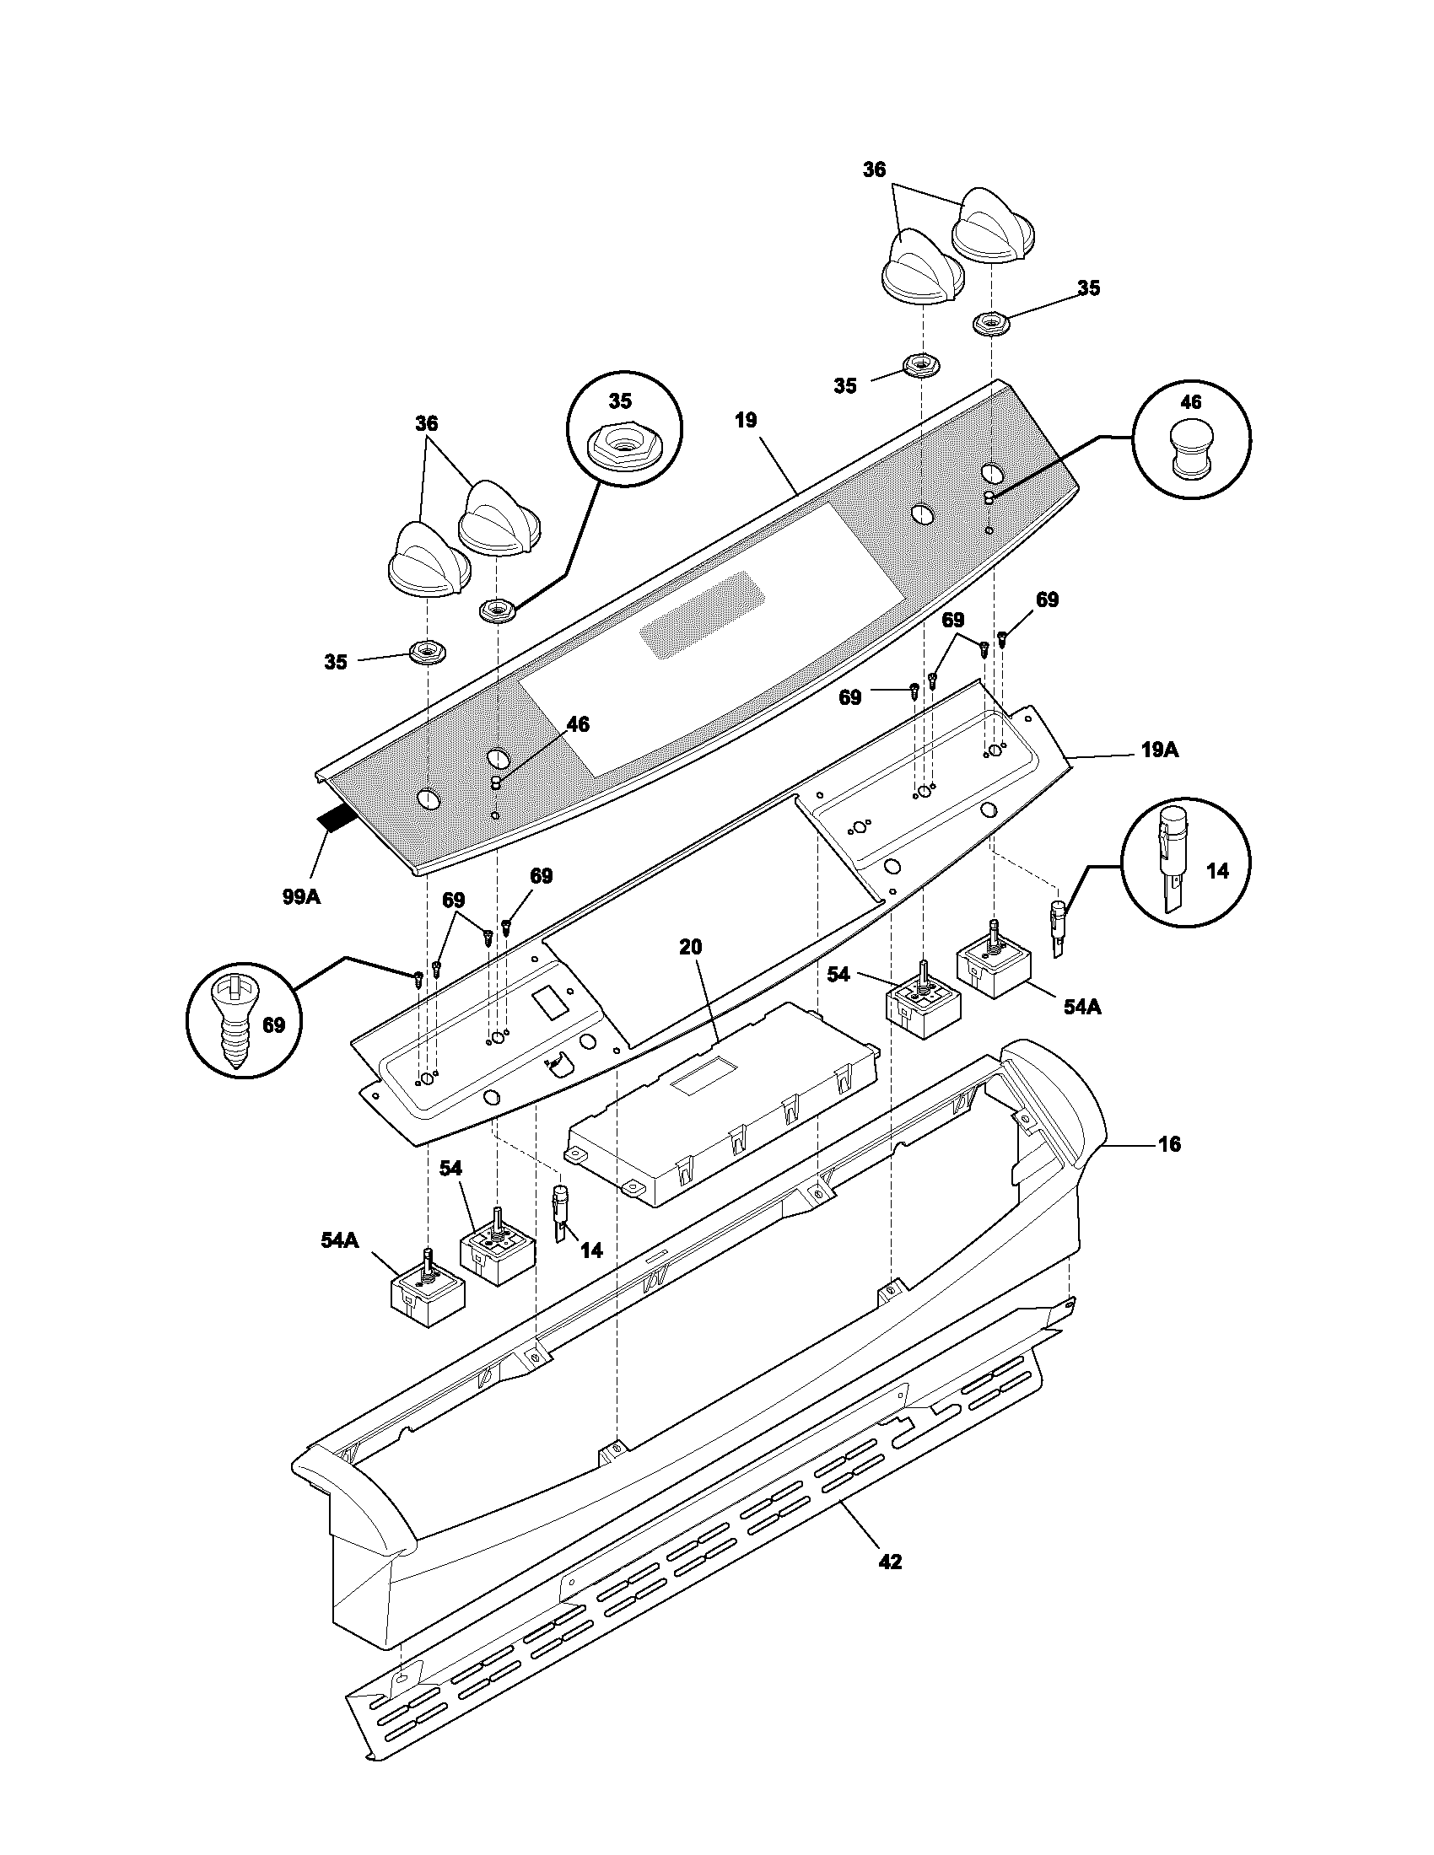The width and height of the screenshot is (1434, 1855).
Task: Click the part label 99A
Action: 301,895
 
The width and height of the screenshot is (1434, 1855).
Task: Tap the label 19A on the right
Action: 1160,750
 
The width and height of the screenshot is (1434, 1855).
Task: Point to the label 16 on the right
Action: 1169,1144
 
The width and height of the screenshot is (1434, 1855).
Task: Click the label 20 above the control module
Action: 691,946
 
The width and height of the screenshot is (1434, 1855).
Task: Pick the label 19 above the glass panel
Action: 746,421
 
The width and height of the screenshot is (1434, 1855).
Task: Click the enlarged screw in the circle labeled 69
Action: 233,1024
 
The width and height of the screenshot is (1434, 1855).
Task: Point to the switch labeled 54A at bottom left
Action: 428,1298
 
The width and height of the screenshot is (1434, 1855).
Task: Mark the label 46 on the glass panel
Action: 577,724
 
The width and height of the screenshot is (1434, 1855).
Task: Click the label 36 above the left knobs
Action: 427,422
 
